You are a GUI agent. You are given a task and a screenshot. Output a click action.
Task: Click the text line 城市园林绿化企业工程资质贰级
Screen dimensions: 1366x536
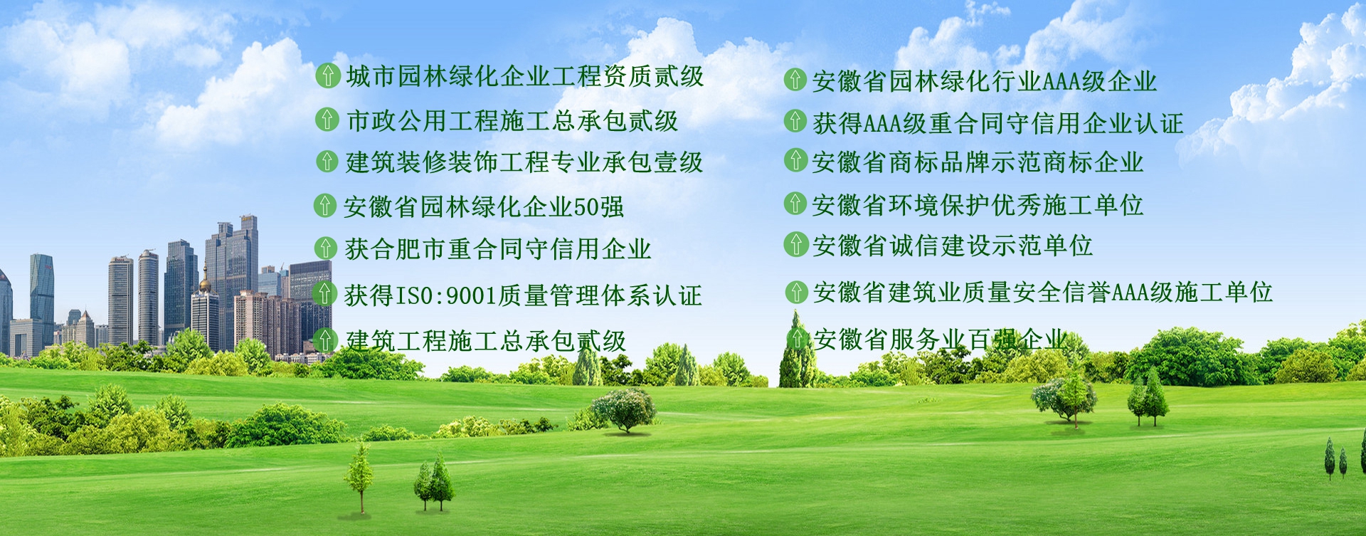point(525,76)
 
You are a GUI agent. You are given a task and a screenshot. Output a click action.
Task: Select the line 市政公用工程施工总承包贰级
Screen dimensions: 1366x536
point(512,120)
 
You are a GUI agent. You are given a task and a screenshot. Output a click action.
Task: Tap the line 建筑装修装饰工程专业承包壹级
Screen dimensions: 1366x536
point(524,162)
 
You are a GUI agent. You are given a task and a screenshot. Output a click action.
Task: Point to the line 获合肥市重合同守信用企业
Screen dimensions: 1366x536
point(498,249)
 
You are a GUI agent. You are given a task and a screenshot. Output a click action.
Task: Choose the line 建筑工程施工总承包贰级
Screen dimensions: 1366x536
point(486,341)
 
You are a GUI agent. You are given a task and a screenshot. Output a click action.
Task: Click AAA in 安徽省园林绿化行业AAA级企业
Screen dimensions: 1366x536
point(1062,82)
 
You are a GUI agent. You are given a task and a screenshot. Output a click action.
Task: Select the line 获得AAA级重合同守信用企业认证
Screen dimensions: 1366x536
point(998,123)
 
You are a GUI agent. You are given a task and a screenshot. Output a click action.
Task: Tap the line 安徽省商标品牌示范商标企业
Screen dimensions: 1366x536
point(978,162)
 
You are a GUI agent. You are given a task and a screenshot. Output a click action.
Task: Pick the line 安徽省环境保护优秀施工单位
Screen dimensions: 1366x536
point(978,205)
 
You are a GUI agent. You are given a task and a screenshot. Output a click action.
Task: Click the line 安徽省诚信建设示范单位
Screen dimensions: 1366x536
point(953,246)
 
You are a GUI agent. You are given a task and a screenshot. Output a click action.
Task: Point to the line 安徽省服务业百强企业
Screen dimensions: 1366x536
point(941,340)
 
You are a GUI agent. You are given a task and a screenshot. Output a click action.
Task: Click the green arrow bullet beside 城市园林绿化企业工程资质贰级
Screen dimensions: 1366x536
point(327,75)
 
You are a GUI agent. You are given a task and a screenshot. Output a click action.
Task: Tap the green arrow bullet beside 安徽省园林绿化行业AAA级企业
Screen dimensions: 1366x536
point(795,79)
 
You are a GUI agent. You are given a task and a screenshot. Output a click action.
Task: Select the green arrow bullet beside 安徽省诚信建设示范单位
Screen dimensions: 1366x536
point(795,244)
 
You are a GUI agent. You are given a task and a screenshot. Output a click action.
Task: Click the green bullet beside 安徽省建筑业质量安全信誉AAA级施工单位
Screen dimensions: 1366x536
point(796,291)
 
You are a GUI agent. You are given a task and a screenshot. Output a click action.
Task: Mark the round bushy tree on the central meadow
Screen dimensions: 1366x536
point(625,409)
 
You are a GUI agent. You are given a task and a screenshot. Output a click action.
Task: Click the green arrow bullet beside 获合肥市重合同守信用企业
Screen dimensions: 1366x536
point(325,248)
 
